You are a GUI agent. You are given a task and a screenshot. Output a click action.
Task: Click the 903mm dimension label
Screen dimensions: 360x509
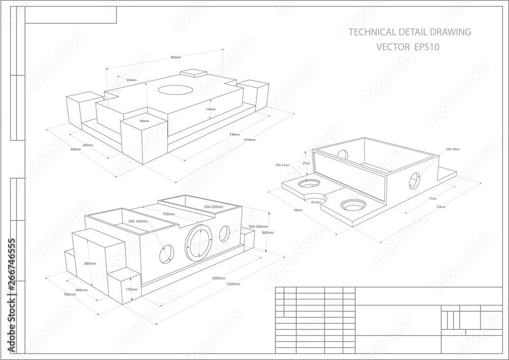click(x=176, y=58)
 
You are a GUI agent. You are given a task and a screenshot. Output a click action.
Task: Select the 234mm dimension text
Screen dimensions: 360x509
click(x=131, y=80)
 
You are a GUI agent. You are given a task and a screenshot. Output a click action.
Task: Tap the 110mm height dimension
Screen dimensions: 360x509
click(x=210, y=109)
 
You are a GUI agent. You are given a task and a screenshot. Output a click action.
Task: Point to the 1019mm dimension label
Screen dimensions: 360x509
click(x=249, y=140)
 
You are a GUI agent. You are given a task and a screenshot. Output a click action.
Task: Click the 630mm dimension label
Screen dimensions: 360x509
click(x=76, y=150)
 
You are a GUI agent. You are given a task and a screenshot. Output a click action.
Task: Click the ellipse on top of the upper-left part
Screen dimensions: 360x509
click(x=175, y=89)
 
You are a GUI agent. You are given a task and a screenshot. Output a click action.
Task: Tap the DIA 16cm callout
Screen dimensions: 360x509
click(x=453, y=149)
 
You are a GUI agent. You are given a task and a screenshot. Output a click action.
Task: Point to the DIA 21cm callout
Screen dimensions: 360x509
click(x=282, y=165)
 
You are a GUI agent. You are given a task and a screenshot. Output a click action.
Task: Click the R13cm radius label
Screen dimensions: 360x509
click(x=316, y=202)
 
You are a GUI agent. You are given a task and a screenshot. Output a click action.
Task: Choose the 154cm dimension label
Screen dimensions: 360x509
click(x=440, y=207)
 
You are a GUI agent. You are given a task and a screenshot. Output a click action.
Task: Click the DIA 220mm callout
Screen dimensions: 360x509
click(x=214, y=207)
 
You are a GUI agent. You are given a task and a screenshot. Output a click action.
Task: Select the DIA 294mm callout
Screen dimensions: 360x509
click(x=259, y=226)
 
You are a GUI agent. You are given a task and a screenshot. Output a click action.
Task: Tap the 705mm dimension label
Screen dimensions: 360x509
click(x=168, y=214)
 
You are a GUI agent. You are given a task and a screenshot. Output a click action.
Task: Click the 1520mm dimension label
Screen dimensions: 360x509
click(x=233, y=284)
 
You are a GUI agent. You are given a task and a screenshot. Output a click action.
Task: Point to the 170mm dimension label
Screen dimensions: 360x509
click(x=131, y=289)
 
